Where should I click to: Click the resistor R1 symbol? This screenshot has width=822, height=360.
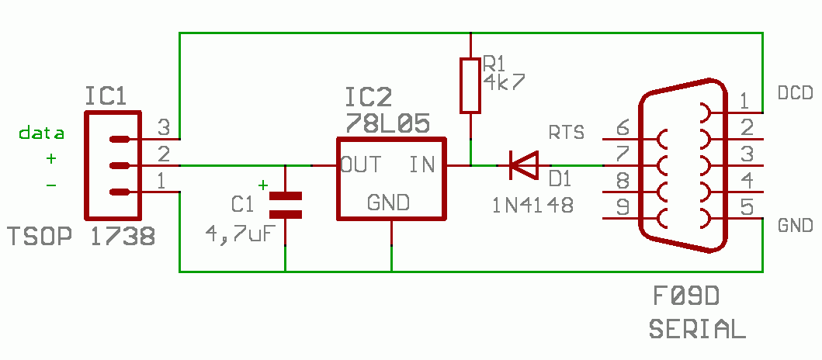[470, 85]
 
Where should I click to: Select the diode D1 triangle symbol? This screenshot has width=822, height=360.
[525, 164]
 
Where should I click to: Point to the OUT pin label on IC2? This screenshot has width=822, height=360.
[360, 164]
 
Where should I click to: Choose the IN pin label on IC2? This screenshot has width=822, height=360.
[421, 164]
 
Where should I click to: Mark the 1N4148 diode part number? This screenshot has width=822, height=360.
[532, 205]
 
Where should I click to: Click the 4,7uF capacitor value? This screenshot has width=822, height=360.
[239, 232]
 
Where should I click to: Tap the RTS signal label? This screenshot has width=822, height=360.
[567, 132]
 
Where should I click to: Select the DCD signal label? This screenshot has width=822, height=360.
[795, 94]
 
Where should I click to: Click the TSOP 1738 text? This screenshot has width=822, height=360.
[81, 237]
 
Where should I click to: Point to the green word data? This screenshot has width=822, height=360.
[42, 133]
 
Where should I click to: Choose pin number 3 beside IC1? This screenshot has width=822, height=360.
[164, 126]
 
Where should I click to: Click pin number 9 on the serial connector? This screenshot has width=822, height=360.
[622, 207]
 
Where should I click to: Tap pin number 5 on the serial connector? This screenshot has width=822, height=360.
[746, 207]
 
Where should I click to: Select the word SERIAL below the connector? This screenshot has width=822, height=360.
[696, 328]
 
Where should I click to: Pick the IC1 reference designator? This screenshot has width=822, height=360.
[106, 96]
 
